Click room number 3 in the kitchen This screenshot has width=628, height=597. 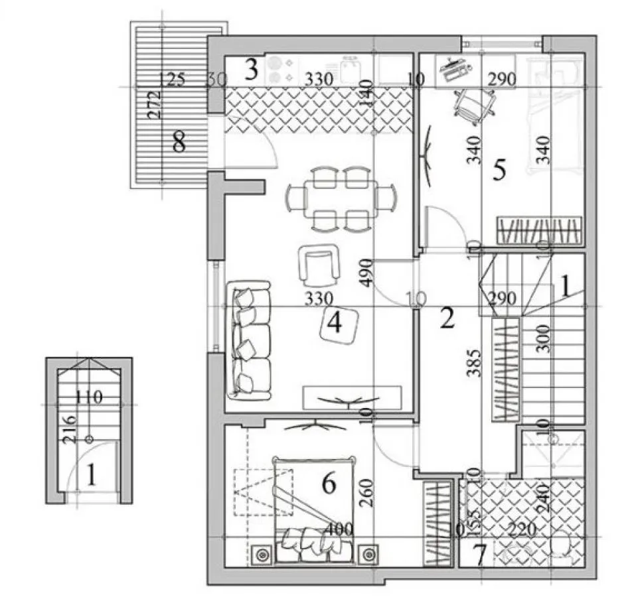[251, 70]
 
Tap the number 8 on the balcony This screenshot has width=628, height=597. [178, 142]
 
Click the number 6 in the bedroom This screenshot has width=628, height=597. [329, 484]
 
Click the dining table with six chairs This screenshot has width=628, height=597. [341, 198]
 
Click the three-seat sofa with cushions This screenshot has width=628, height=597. [249, 340]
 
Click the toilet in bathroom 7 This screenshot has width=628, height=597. [564, 547]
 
